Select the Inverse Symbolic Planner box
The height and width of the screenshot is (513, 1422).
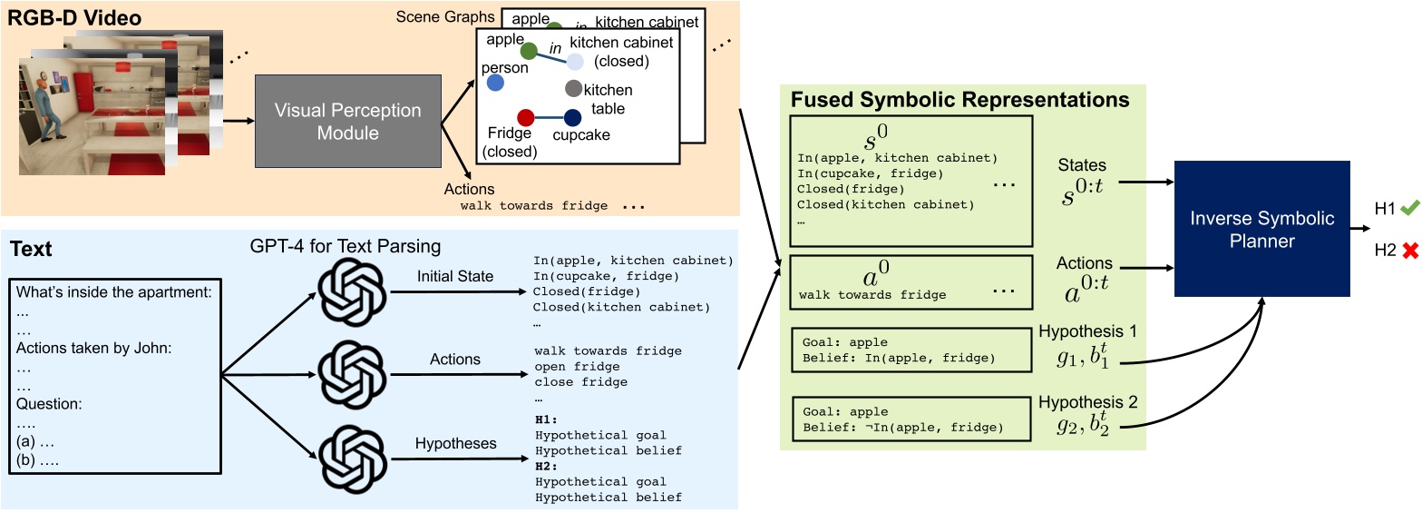1261,229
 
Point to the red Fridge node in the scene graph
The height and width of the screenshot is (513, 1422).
524,117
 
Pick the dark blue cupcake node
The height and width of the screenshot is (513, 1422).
572,117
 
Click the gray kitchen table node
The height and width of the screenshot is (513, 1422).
573,89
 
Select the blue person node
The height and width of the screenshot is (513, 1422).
495,84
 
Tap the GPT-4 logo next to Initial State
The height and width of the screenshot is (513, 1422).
349,275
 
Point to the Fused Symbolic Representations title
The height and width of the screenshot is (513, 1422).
960,99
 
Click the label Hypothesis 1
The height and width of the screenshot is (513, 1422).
1087,332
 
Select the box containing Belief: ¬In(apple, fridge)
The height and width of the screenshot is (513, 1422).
911,419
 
